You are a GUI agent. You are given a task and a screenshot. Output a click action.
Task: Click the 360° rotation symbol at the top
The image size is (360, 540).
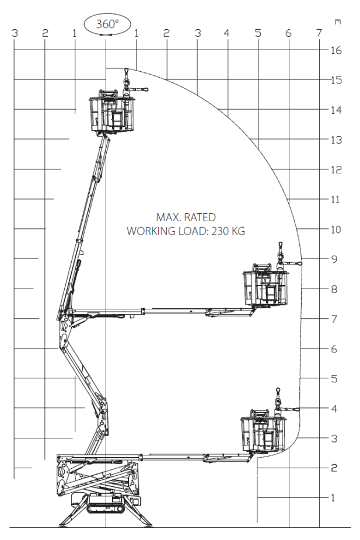point(107,25)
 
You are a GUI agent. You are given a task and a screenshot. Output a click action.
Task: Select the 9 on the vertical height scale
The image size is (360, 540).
point(334,259)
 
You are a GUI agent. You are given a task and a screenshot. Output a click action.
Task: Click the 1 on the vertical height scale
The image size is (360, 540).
point(333,498)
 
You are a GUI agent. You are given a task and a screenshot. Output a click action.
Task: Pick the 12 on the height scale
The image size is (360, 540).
point(336,170)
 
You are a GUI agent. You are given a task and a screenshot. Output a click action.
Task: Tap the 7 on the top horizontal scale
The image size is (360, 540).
point(319,34)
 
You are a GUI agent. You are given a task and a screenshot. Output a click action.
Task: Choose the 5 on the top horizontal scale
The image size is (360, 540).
point(257,34)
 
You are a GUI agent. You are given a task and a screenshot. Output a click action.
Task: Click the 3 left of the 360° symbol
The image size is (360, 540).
point(15,33)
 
